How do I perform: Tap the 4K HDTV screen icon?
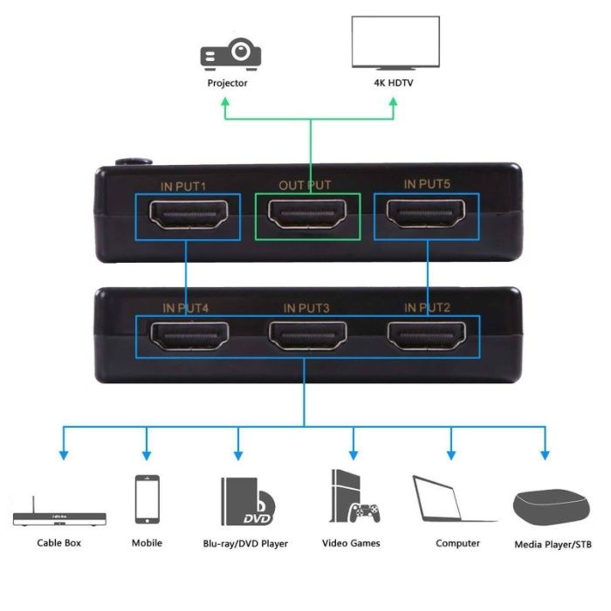[394, 44]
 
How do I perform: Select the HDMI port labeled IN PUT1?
[188, 213]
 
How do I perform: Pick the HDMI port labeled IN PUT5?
[428, 213]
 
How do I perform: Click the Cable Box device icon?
[59, 514]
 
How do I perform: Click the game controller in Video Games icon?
[364, 512]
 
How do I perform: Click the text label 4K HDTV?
[394, 83]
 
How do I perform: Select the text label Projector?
[227, 83]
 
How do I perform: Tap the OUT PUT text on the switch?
[305, 186]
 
